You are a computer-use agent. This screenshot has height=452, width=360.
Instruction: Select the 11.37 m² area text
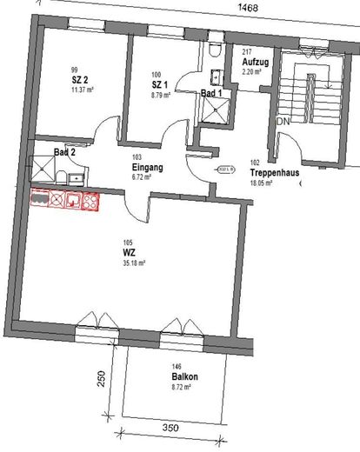click(x=83, y=89)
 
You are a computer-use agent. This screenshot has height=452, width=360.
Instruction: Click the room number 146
click(x=177, y=367)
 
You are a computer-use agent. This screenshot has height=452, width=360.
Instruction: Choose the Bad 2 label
click(x=64, y=151)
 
